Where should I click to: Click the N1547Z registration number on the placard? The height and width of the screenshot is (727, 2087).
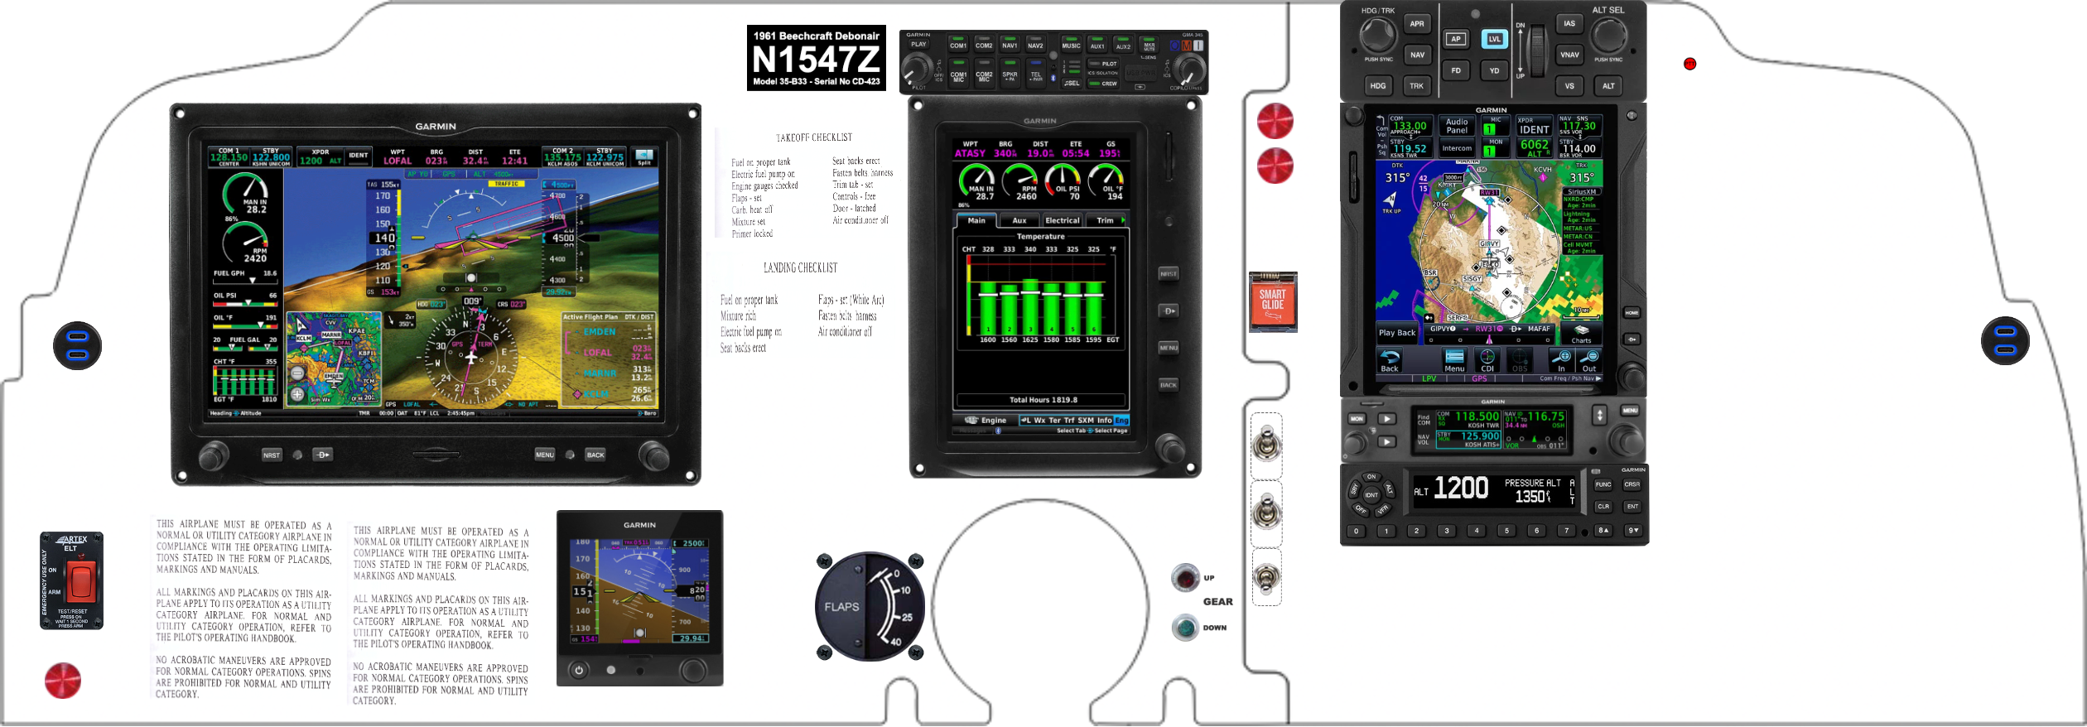tap(816, 60)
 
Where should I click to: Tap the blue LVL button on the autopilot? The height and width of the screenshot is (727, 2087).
tap(1494, 39)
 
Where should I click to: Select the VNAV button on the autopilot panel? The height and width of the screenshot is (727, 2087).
tap(1569, 55)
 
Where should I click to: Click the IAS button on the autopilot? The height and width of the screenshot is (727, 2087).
tap(1569, 24)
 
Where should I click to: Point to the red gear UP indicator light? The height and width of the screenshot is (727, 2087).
tap(1186, 577)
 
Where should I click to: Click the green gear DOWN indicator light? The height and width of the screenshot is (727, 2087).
tap(1186, 628)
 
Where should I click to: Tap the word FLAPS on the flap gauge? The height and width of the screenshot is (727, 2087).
tap(841, 607)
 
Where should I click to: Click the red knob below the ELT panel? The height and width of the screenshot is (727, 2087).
tap(63, 681)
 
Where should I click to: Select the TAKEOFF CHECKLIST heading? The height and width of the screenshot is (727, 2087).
tap(813, 137)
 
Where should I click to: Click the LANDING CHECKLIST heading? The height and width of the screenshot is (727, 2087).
tap(800, 268)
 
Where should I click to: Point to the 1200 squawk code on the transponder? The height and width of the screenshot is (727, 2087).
tap(1461, 489)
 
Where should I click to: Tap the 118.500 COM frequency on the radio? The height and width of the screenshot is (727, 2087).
tap(1477, 416)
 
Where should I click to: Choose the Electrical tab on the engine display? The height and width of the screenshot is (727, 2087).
tap(1062, 221)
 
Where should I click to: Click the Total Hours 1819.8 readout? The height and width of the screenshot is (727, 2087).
tap(1043, 400)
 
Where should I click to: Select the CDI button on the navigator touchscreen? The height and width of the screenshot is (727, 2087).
tap(1487, 361)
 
